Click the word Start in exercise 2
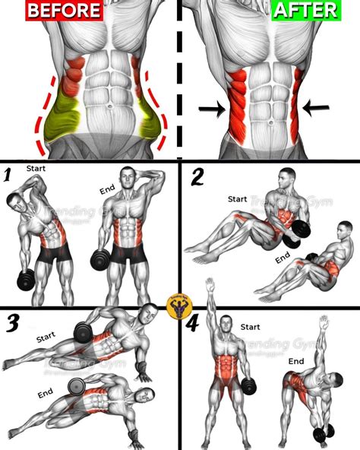(237, 200)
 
